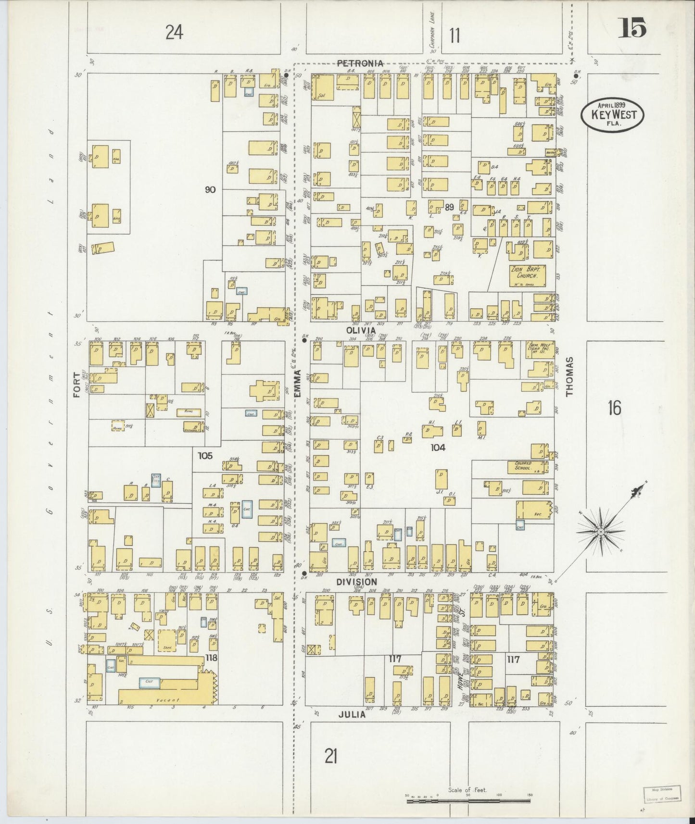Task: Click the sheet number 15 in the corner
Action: (x=632, y=28)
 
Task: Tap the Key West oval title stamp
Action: (x=613, y=115)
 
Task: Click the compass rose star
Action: (x=601, y=532)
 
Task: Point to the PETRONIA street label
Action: (x=360, y=63)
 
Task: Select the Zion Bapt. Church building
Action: (x=527, y=274)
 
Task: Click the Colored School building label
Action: (x=522, y=465)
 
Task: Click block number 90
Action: (x=210, y=189)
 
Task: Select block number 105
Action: (x=205, y=455)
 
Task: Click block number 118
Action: (x=211, y=658)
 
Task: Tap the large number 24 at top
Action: (x=174, y=33)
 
